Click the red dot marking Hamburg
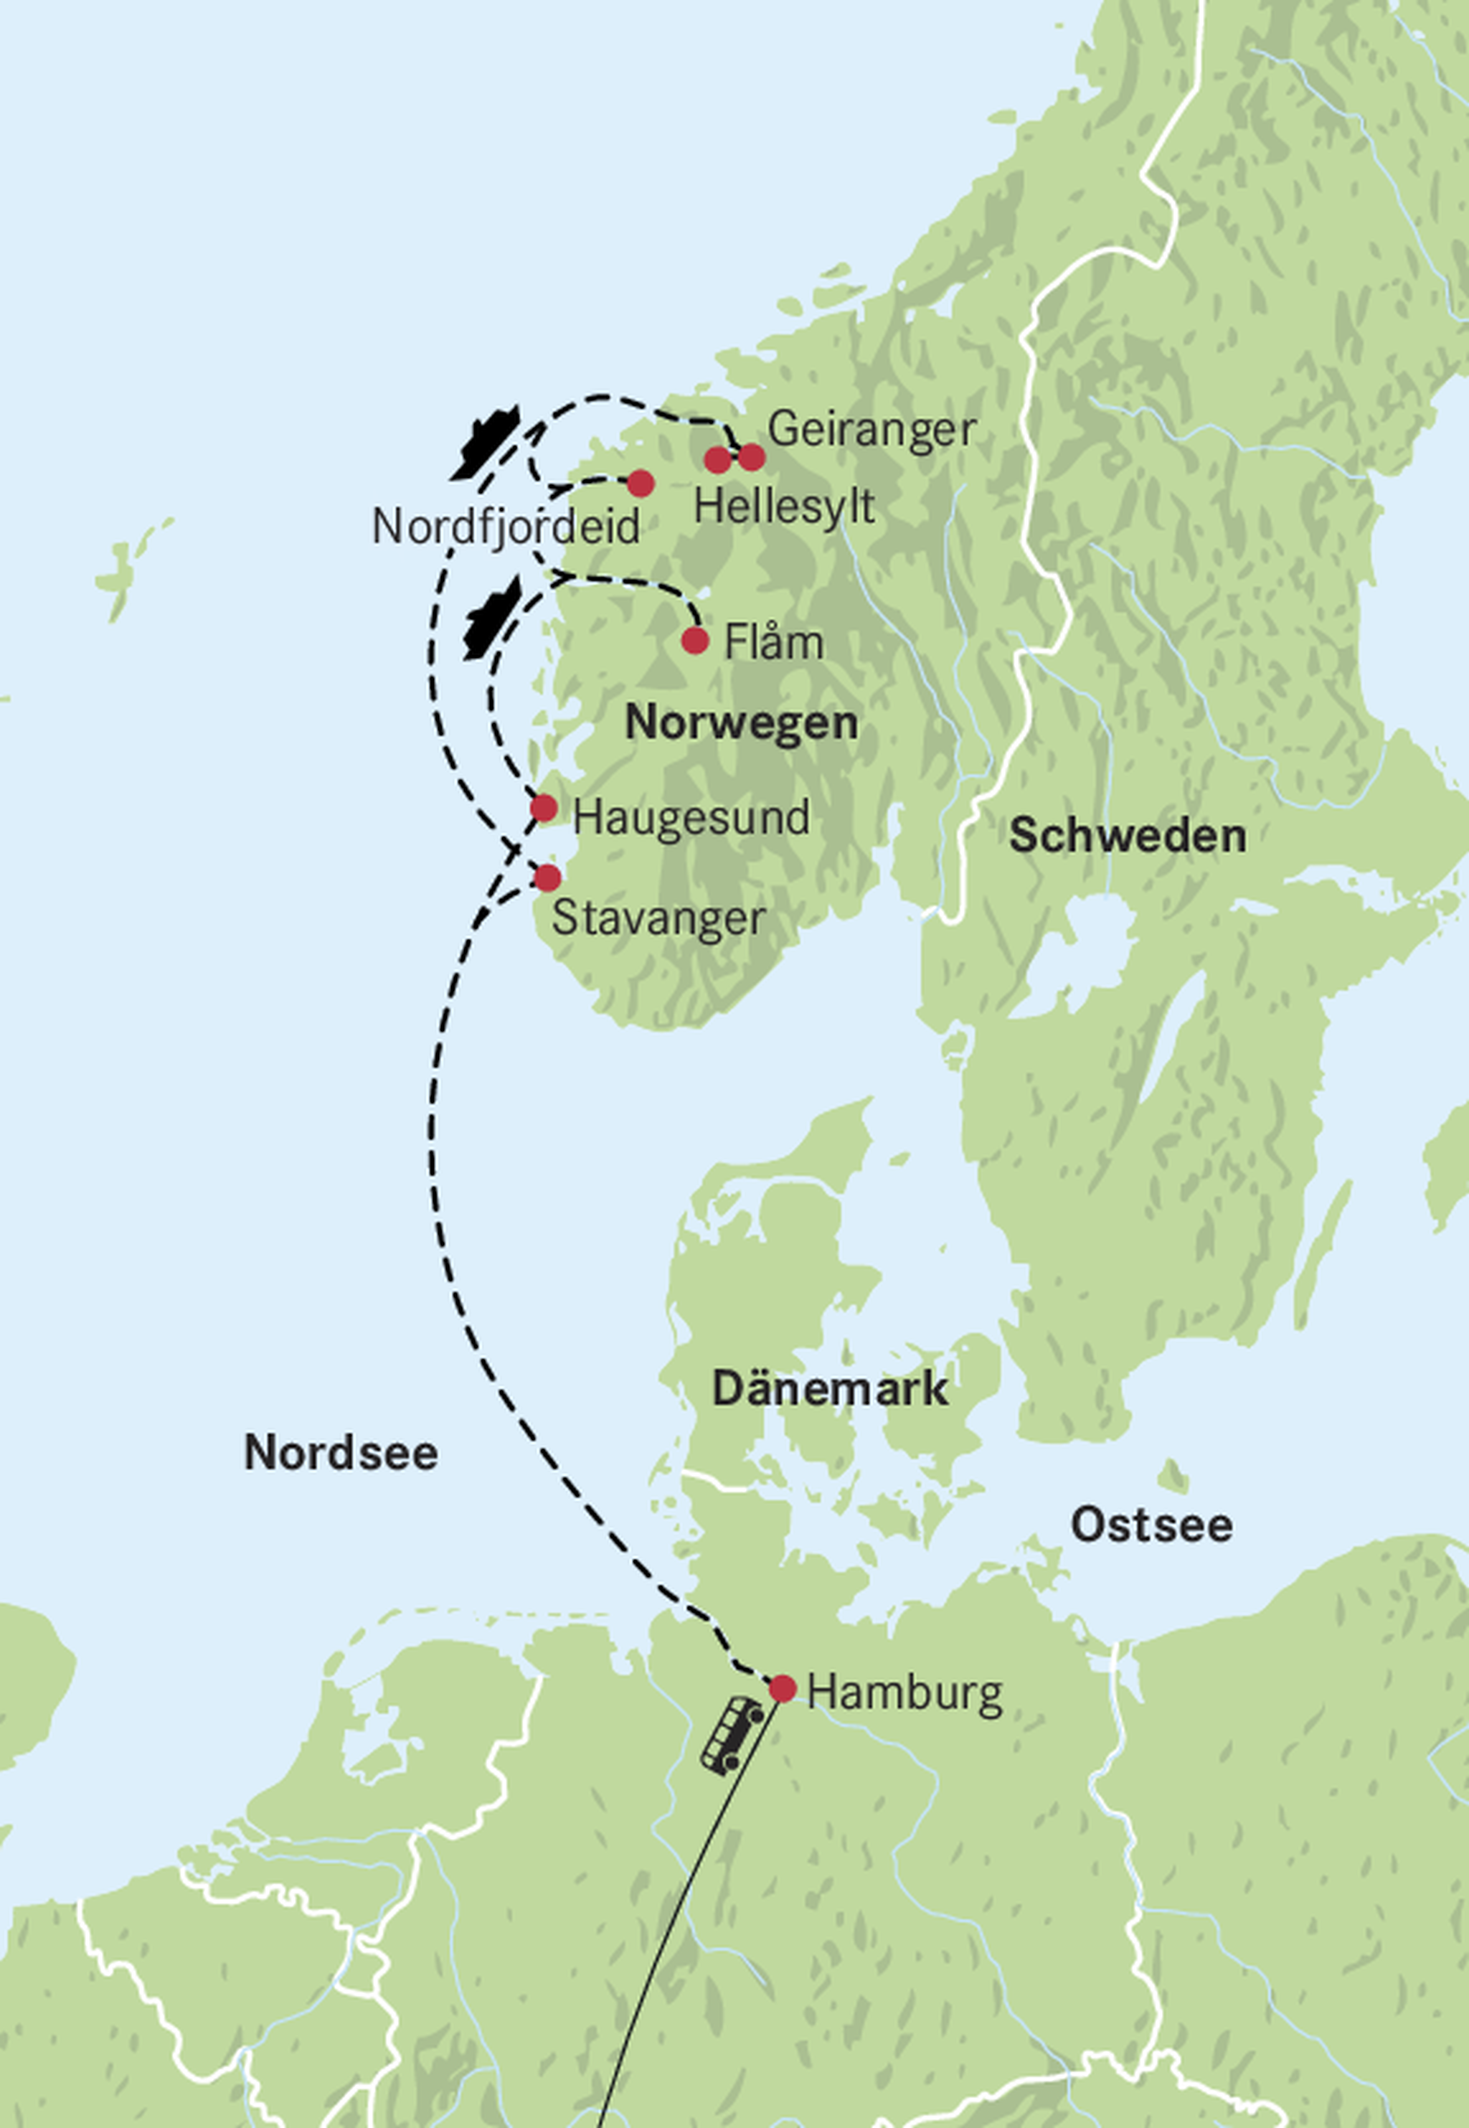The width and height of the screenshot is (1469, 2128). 783,1689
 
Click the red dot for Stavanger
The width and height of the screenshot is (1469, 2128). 547,877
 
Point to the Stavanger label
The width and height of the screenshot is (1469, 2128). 658,918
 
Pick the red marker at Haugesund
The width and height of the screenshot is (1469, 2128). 544,808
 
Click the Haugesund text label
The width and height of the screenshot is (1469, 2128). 690,817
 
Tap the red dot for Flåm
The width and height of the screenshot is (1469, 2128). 695,640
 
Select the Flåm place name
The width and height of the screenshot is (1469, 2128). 773,641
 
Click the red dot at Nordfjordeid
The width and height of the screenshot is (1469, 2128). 641,482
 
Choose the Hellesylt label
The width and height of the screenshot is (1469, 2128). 783,507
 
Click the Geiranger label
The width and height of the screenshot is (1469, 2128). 871,430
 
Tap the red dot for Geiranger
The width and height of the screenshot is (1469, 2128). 752,456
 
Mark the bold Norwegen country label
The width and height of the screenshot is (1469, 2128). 741,722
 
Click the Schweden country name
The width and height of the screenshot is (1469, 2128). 1128,836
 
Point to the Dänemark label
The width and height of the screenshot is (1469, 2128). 829,1388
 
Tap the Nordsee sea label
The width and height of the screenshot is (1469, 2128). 341,1452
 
